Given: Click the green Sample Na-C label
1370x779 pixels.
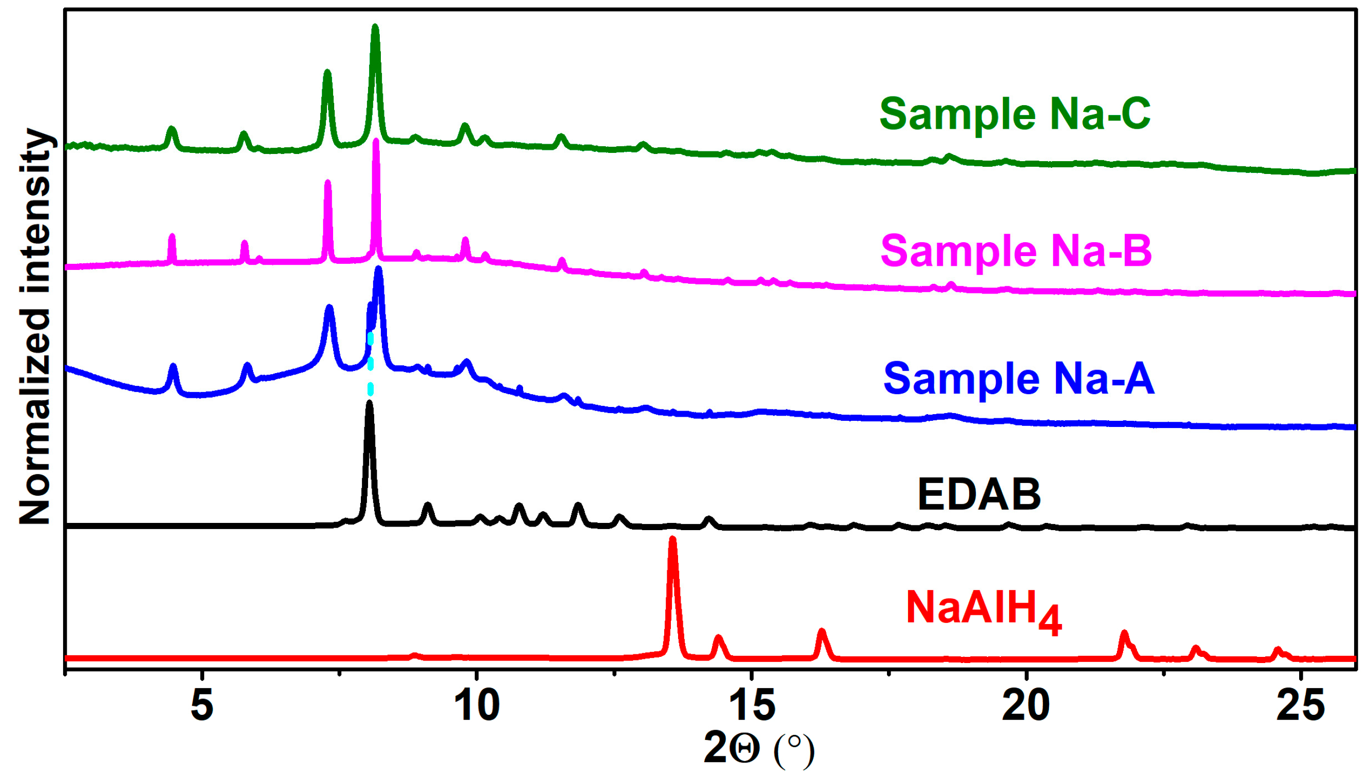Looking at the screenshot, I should coord(1015,114).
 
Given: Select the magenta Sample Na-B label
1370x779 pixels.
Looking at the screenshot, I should coord(1016,250).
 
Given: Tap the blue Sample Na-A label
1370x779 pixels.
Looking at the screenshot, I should coord(1018,378).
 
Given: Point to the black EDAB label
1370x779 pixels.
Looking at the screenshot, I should coord(979,494).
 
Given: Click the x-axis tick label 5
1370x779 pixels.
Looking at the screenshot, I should coord(202,705).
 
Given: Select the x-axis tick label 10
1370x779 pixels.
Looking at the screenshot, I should coord(477,705).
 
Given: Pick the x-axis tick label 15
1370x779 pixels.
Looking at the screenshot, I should coord(752,705).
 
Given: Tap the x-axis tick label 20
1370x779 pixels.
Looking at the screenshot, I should coord(1027,705).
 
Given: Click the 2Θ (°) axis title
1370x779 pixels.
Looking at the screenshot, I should coord(758,749).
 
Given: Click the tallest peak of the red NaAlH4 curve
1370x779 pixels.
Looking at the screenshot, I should coord(673,540).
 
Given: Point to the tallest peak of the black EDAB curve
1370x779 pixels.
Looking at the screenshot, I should coord(369,404).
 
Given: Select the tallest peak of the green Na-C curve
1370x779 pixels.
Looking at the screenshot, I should coord(375,28).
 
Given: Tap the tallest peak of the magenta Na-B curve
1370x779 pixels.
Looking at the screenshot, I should coord(376,142).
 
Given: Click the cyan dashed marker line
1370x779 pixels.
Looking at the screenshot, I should coord(370,364).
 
